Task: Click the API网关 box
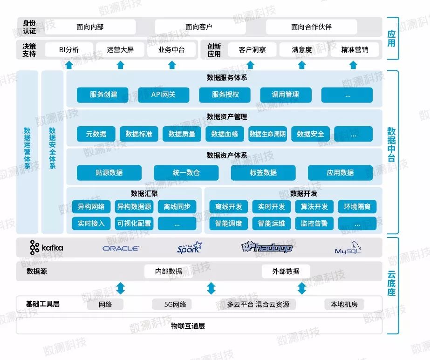coord(164,95)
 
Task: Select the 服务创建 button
coord(103,95)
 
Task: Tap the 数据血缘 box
coord(225,134)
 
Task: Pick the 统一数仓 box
coord(186,173)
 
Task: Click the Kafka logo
coord(46,247)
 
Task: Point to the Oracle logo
coord(121,248)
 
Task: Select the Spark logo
coord(190,248)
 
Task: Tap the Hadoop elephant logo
coord(266,247)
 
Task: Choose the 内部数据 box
coord(169,272)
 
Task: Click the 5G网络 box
coord(175,305)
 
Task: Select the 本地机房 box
coord(344,305)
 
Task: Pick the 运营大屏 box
coord(120,49)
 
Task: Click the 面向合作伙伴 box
coord(311,27)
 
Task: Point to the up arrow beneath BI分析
coord(69,65)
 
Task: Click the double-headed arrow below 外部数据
coord(302,288)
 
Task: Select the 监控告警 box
coord(314,224)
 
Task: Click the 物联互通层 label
coord(188,326)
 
